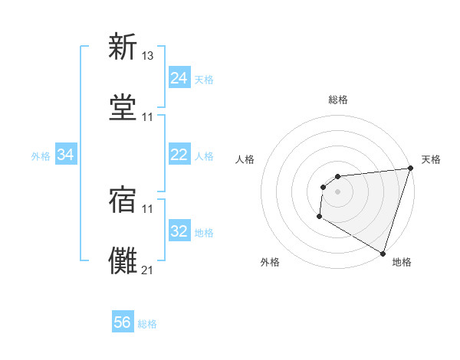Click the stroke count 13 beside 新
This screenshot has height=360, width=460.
(148, 55)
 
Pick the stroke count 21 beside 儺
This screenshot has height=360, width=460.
(148, 270)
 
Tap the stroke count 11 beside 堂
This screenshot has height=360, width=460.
(148, 116)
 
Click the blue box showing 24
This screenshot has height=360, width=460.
(179, 78)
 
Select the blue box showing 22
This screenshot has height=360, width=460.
(179, 155)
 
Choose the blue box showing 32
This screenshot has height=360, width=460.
(179, 231)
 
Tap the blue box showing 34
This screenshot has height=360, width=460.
(66, 155)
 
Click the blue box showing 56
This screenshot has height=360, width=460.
(123, 322)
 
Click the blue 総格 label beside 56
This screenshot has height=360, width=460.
(147, 324)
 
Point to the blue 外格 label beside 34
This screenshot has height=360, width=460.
(41, 156)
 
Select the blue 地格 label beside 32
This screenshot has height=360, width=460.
(204, 233)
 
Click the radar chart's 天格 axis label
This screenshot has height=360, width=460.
(431, 159)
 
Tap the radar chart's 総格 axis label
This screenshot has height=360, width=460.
(338, 100)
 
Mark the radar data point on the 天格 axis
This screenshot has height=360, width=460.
(410, 169)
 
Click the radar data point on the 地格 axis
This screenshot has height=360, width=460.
(383, 253)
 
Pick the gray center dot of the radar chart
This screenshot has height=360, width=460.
(337, 191)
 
